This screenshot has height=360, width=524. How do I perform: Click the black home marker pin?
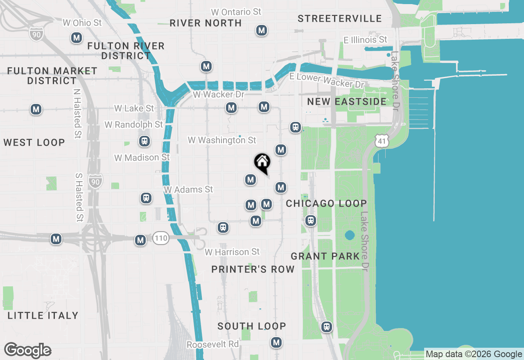262,162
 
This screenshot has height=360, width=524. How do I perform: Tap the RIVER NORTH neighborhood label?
206,23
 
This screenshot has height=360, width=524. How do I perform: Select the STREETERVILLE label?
340,19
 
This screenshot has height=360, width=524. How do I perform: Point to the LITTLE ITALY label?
43,315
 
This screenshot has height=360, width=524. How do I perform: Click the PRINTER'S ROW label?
253,269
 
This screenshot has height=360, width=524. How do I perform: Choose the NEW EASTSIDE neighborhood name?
347,102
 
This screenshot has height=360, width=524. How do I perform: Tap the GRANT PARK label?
325,256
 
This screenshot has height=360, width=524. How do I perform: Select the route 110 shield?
161,238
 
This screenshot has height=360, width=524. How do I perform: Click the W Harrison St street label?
232,252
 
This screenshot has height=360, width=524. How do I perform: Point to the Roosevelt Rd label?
212,344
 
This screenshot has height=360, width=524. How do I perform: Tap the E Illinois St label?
366,40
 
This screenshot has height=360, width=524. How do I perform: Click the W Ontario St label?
236,12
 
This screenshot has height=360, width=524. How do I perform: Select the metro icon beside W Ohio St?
76,38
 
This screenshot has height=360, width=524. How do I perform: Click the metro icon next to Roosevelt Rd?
277,342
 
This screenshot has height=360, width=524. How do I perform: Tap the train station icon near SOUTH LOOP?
326,327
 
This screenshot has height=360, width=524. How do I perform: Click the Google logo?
27,351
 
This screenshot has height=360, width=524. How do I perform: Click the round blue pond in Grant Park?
350,235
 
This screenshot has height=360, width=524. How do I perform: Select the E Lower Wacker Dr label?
326,80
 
